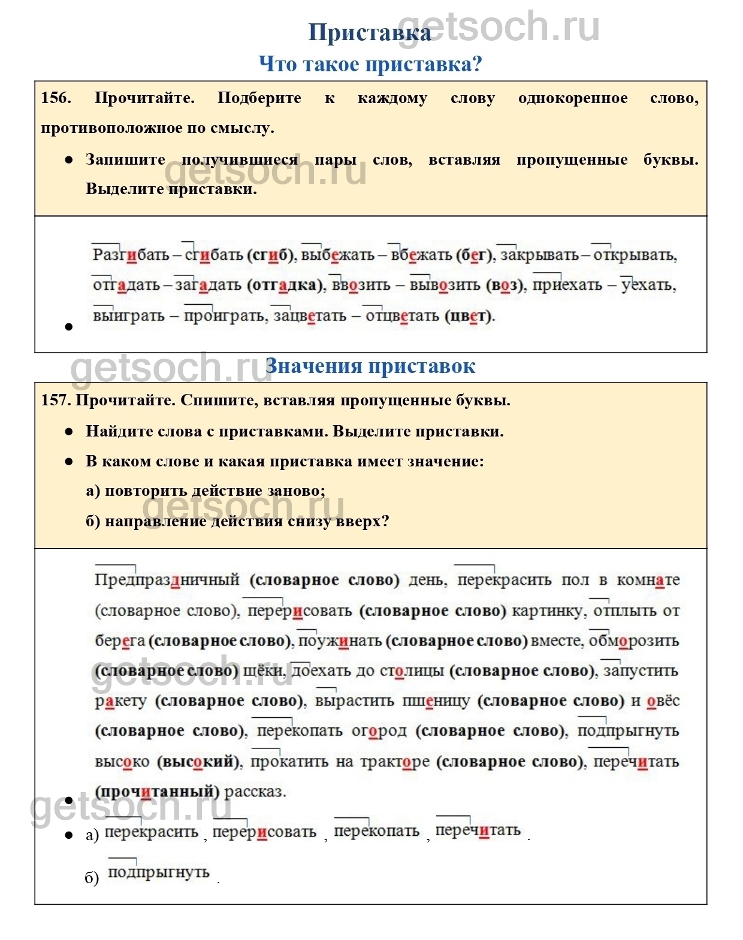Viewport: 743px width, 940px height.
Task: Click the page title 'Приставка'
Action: pyautogui.click(x=369, y=33)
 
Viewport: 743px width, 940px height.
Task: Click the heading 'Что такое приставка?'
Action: pyautogui.click(x=370, y=63)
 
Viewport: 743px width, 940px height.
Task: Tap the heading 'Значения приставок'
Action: pyautogui.click(x=370, y=366)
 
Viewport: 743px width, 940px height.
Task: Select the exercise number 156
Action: pyautogui.click(x=56, y=98)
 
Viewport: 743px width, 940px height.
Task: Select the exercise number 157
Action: pyautogui.click(x=56, y=400)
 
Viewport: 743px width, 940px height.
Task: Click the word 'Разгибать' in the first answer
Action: pyautogui.click(x=131, y=255)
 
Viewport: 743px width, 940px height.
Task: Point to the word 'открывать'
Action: pyautogui.click(x=635, y=255)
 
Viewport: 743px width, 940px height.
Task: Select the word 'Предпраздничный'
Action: pyautogui.click(x=167, y=580)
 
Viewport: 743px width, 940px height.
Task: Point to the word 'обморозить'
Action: pyautogui.click(x=634, y=641)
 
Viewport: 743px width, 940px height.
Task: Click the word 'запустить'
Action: pyautogui.click(x=641, y=671)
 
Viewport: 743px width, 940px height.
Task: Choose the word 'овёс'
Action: pyautogui.click(x=663, y=701)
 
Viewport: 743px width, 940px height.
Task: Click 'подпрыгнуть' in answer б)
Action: pyautogui.click(x=159, y=872)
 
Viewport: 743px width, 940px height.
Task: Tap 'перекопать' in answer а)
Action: pyautogui.click(x=376, y=831)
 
